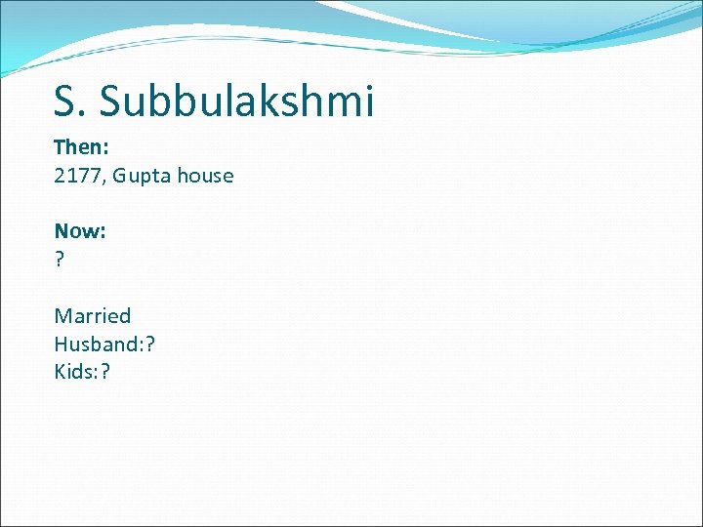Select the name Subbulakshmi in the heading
click(237, 101)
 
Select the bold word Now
click(77, 231)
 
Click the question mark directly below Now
click(60, 260)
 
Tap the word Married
click(93, 316)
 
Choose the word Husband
click(95, 344)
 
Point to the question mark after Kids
click(105, 371)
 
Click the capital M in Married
click(62, 316)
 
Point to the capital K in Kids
click(61, 371)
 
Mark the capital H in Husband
click(62, 344)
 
